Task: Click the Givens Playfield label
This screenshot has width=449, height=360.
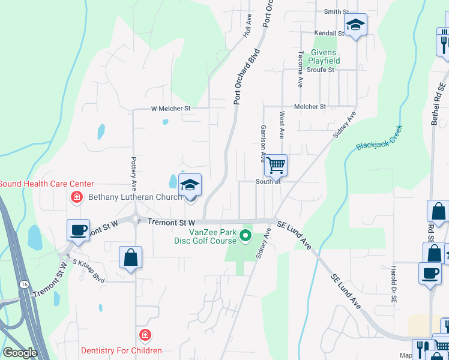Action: pyautogui.click(x=324, y=56)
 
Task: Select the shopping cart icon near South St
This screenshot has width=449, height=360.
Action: pyautogui.click(x=276, y=164)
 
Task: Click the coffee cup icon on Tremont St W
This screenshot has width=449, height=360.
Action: pyautogui.click(x=78, y=229)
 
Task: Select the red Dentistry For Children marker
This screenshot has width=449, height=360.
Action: pyautogui.click(x=144, y=335)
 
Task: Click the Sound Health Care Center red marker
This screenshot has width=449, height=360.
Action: pyautogui.click(x=76, y=196)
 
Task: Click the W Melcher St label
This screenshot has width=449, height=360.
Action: pyautogui.click(x=170, y=109)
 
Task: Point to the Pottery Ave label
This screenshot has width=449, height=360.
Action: pyautogui.click(x=134, y=171)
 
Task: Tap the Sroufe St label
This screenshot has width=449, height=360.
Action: pyautogui.click(x=320, y=70)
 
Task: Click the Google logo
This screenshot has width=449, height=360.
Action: pyautogui.click(x=20, y=353)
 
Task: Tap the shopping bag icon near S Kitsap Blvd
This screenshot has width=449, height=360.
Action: pyautogui.click(x=130, y=257)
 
